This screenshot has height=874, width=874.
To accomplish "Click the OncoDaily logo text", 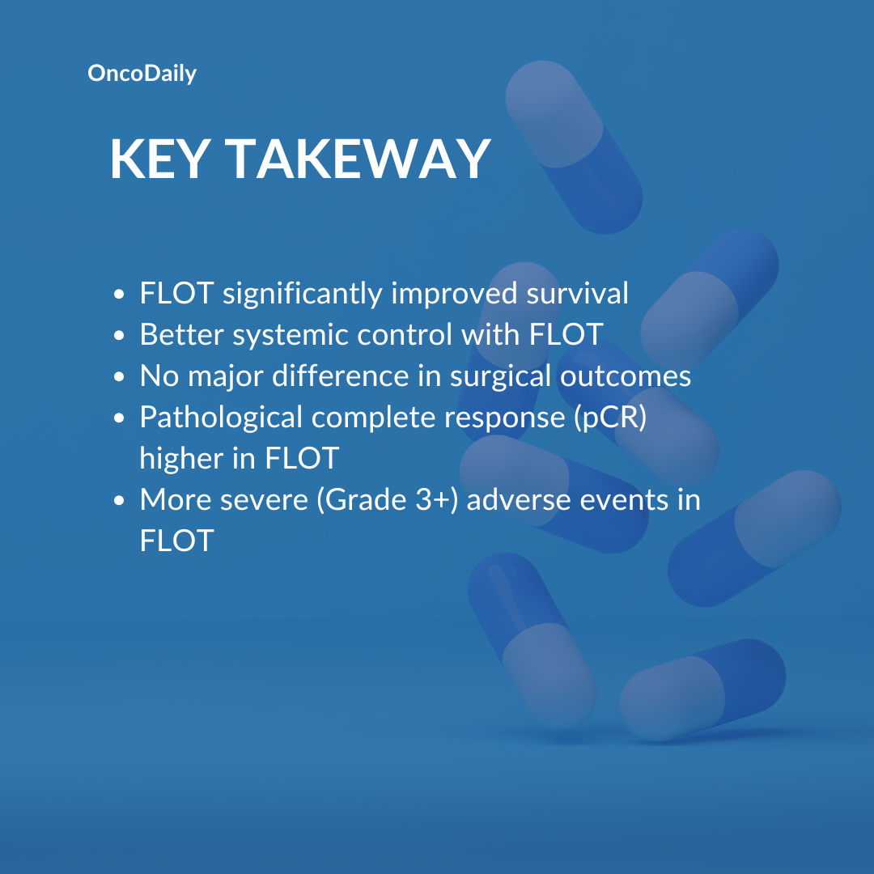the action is [142, 74].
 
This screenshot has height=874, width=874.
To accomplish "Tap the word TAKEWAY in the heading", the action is [358, 159].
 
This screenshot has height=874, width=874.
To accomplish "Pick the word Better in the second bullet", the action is [182, 334].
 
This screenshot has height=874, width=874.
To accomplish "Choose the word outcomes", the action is [626, 376].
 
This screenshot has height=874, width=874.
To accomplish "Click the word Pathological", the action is [221, 418].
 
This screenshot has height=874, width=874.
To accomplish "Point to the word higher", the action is [181, 459].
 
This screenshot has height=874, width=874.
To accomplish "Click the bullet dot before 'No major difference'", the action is [119, 377].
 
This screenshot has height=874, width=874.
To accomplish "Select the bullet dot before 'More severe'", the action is [119, 501].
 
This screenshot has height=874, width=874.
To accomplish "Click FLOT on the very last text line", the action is [176, 541].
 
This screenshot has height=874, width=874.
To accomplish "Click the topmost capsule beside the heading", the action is [574, 147].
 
